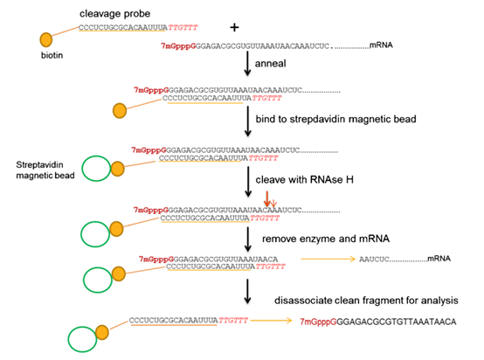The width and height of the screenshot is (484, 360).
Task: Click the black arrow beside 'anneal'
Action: (248, 63)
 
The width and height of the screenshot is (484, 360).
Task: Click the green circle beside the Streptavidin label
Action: (98, 167)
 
